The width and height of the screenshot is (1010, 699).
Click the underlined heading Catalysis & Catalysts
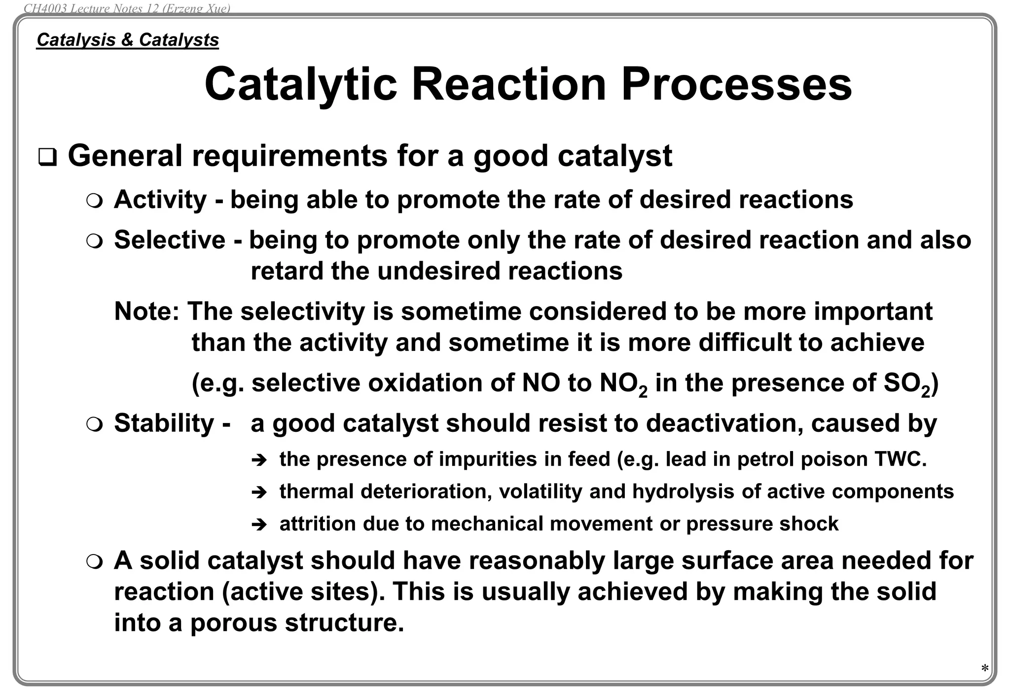pos(128,40)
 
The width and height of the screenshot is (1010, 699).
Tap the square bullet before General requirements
pos(47,158)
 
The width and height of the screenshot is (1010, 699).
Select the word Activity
pos(160,200)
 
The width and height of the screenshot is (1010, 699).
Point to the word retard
pos(287,271)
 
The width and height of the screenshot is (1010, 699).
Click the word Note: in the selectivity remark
pos(146,312)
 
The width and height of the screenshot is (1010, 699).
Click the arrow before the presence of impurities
pos(258,460)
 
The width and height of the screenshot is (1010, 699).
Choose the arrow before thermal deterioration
pos(258,492)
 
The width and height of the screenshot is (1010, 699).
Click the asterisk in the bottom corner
pos(984,669)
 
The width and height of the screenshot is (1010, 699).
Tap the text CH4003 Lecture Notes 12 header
pos(127,8)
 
